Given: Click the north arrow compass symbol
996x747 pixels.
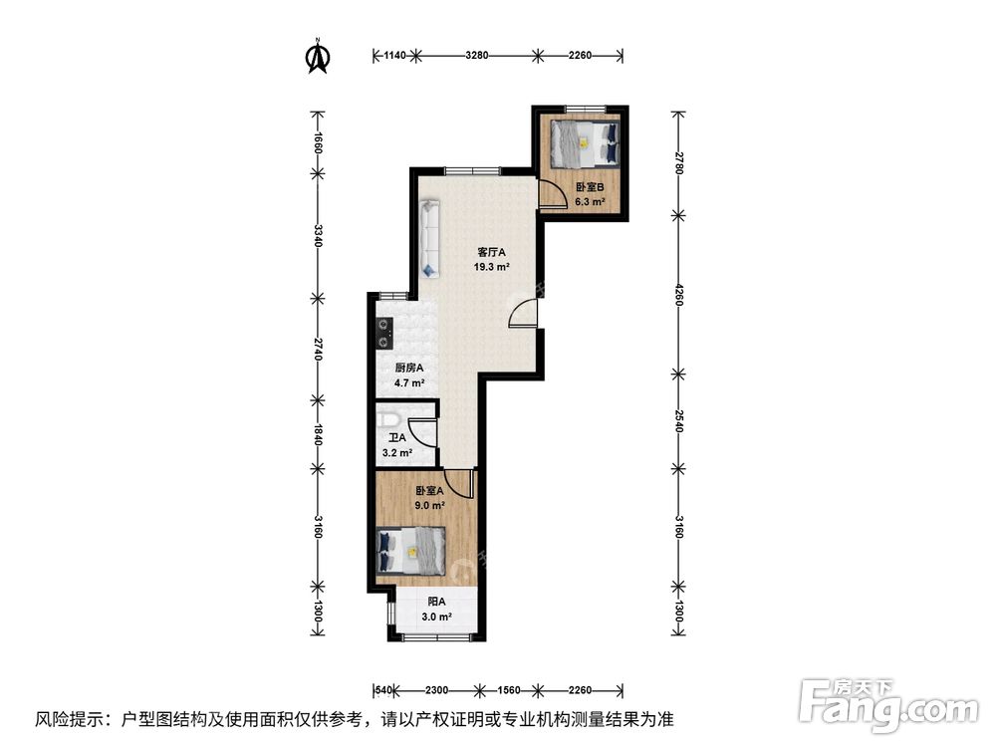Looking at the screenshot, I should [318, 56].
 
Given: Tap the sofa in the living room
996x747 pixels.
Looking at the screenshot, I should [430, 238].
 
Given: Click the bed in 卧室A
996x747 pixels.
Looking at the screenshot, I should [411, 550].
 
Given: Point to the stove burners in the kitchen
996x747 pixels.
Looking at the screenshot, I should [383, 334].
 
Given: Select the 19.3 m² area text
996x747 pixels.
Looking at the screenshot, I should [491, 267].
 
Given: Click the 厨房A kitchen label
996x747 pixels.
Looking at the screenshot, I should [408, 369].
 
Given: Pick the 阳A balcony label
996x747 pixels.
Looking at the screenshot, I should [436, 603].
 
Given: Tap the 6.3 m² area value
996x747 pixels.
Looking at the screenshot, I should [590, 202].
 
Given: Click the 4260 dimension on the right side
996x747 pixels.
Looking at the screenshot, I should [679, 296].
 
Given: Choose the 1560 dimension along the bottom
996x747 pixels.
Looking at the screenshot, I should [508, 690].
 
